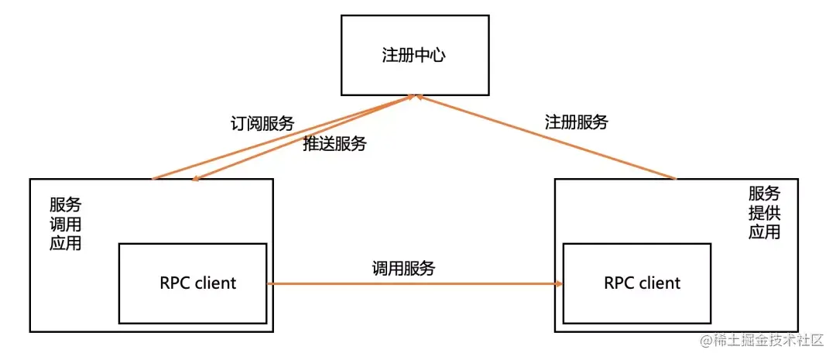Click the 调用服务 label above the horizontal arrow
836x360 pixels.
(x=403, y=269)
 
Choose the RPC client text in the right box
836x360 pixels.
(x=642, y=283)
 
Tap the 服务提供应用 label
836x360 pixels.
(x=764, y=213)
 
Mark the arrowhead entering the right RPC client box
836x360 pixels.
(x=558, y=284)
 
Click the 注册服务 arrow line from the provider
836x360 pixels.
(x=546, y=138)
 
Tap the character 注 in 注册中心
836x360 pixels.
(x=391, y=56)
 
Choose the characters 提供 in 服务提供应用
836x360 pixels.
(x=764, y=213)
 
